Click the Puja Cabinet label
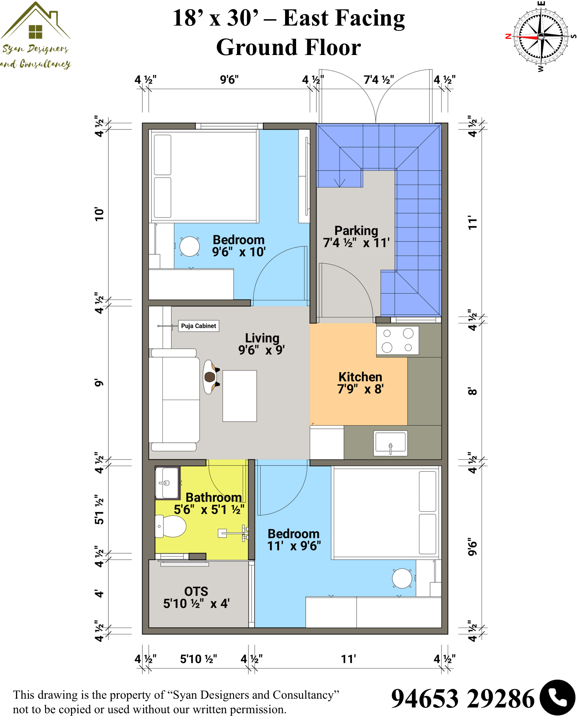coord(198,326)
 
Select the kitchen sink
coord(390,443)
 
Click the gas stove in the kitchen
coord(398,340)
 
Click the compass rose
coord(541,37)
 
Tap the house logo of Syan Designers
coord(35,21)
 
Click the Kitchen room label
coord(360,383)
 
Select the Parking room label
coord(356,236)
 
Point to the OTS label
coord(196,597)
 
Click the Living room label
coord(262,344)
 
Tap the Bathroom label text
coord(213,497)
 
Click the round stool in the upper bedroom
coord(190,246)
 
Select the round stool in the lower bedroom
coord(402,578)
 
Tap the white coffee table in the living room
coord(240,396)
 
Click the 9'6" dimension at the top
coord(229,79)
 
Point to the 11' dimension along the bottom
coord(348,659)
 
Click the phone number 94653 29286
coord(463,699)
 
